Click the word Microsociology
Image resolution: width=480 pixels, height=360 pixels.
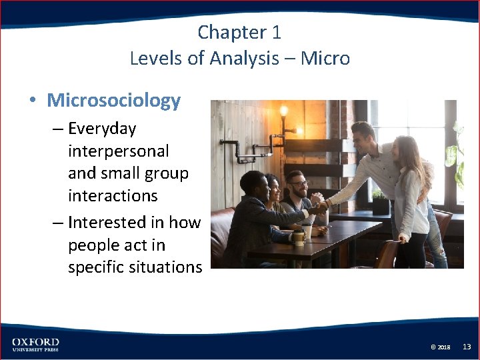[113, 101]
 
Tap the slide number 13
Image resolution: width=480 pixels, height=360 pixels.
[467, 347]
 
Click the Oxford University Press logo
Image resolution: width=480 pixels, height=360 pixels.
[35, 344]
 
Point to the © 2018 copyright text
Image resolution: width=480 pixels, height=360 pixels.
[440, 347]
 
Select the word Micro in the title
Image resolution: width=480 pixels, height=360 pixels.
[325, 59]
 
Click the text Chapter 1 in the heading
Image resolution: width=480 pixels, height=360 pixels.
[240, 32]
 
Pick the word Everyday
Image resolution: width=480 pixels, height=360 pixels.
[102, 129]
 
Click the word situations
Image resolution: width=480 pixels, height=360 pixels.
[168, 267]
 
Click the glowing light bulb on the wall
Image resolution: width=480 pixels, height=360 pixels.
[283, 111]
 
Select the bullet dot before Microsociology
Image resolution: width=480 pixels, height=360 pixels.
[32, 101]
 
